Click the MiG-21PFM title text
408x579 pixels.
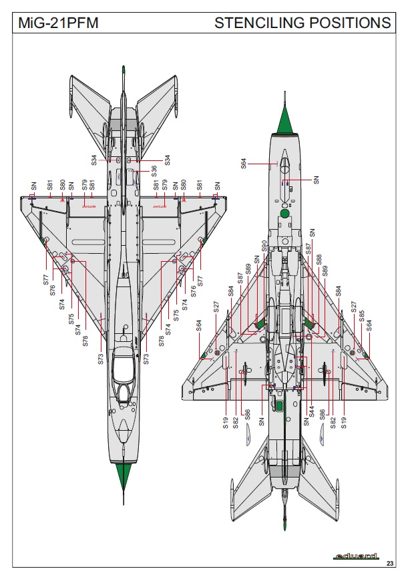(x=58, y=23)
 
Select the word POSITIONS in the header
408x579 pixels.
(x=350, y=23)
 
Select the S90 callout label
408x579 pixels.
(x=264, y=246)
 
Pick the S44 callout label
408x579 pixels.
(x=311, y=412)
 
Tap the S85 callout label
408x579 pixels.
(x=362, y=317)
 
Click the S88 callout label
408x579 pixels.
(x=319, y=260)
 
